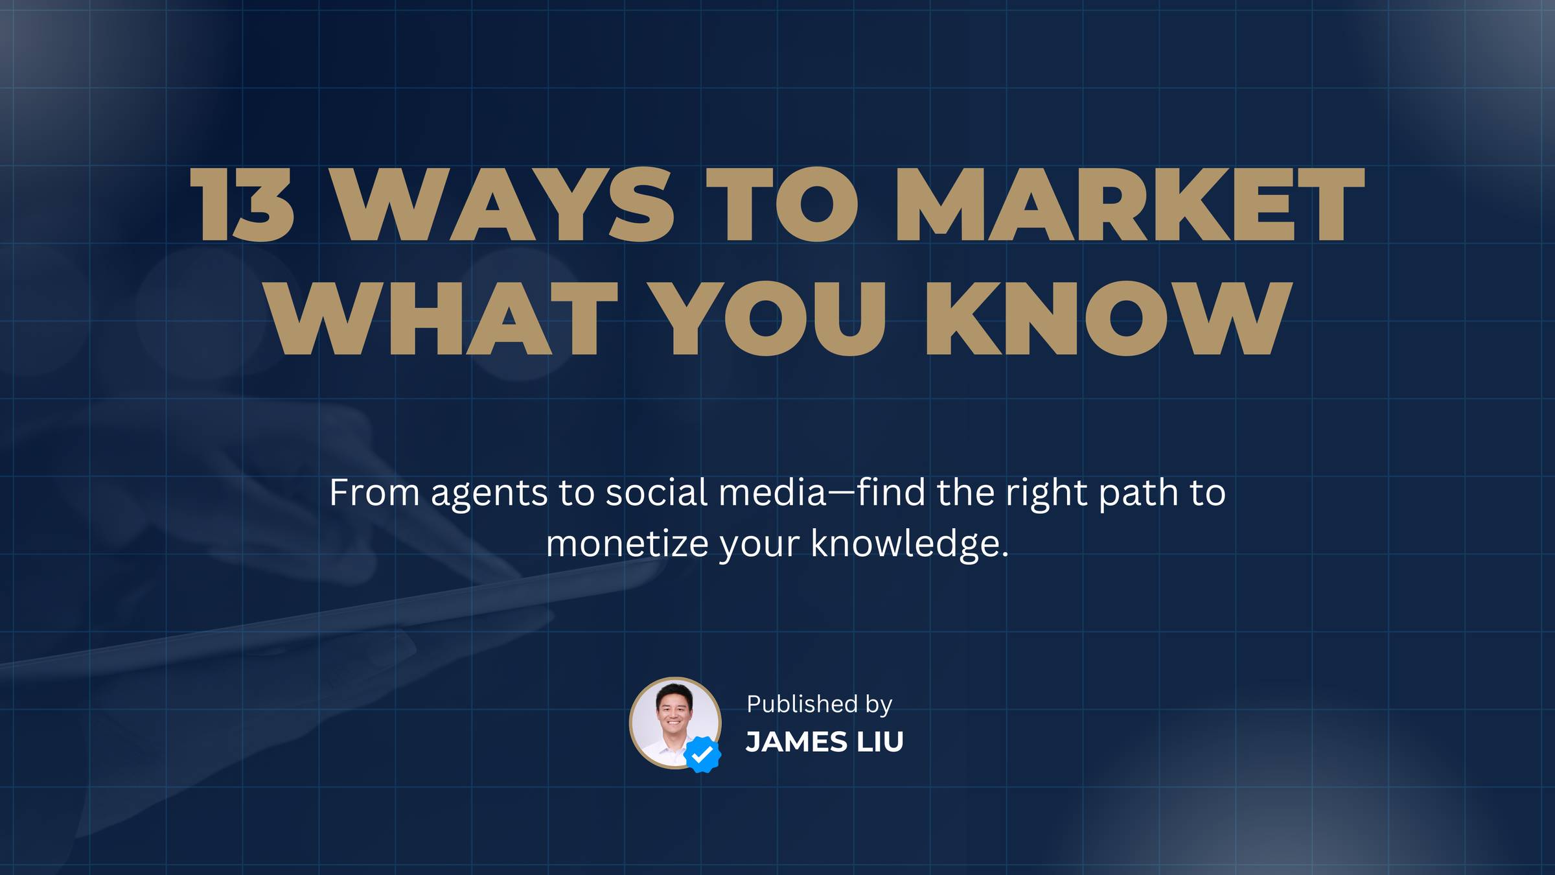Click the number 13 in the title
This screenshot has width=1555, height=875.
tap(242, 205)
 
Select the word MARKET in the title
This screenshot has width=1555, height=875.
tap(1129, 205)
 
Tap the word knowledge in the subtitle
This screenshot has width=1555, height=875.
tap(910, 544)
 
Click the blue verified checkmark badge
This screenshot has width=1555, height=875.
tap(702, 754)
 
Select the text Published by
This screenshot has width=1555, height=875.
tap(820, 705)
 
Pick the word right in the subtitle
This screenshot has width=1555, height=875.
tap(1046, 494)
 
